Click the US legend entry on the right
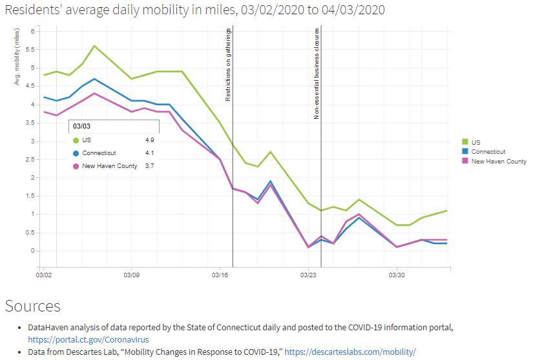pos(476,142)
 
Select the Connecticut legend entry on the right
pos(488,152)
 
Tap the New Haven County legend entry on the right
pos(498,162)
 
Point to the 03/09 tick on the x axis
pos(132,275)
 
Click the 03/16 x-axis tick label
pos(220,275)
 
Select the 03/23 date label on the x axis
pos(308,275)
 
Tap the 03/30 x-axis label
pos(397,275)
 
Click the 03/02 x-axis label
pos(43,275)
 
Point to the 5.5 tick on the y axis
pos(34,50)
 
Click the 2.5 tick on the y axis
pos(34,160)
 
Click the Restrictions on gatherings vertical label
pos(228,65)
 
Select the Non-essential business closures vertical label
pos(317,73)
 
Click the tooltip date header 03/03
pos(81,126)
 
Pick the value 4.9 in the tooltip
pos(149,140)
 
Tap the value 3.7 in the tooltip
pos(149,166)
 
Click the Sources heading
pos(32,306)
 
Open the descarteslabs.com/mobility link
pos(350,352)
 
